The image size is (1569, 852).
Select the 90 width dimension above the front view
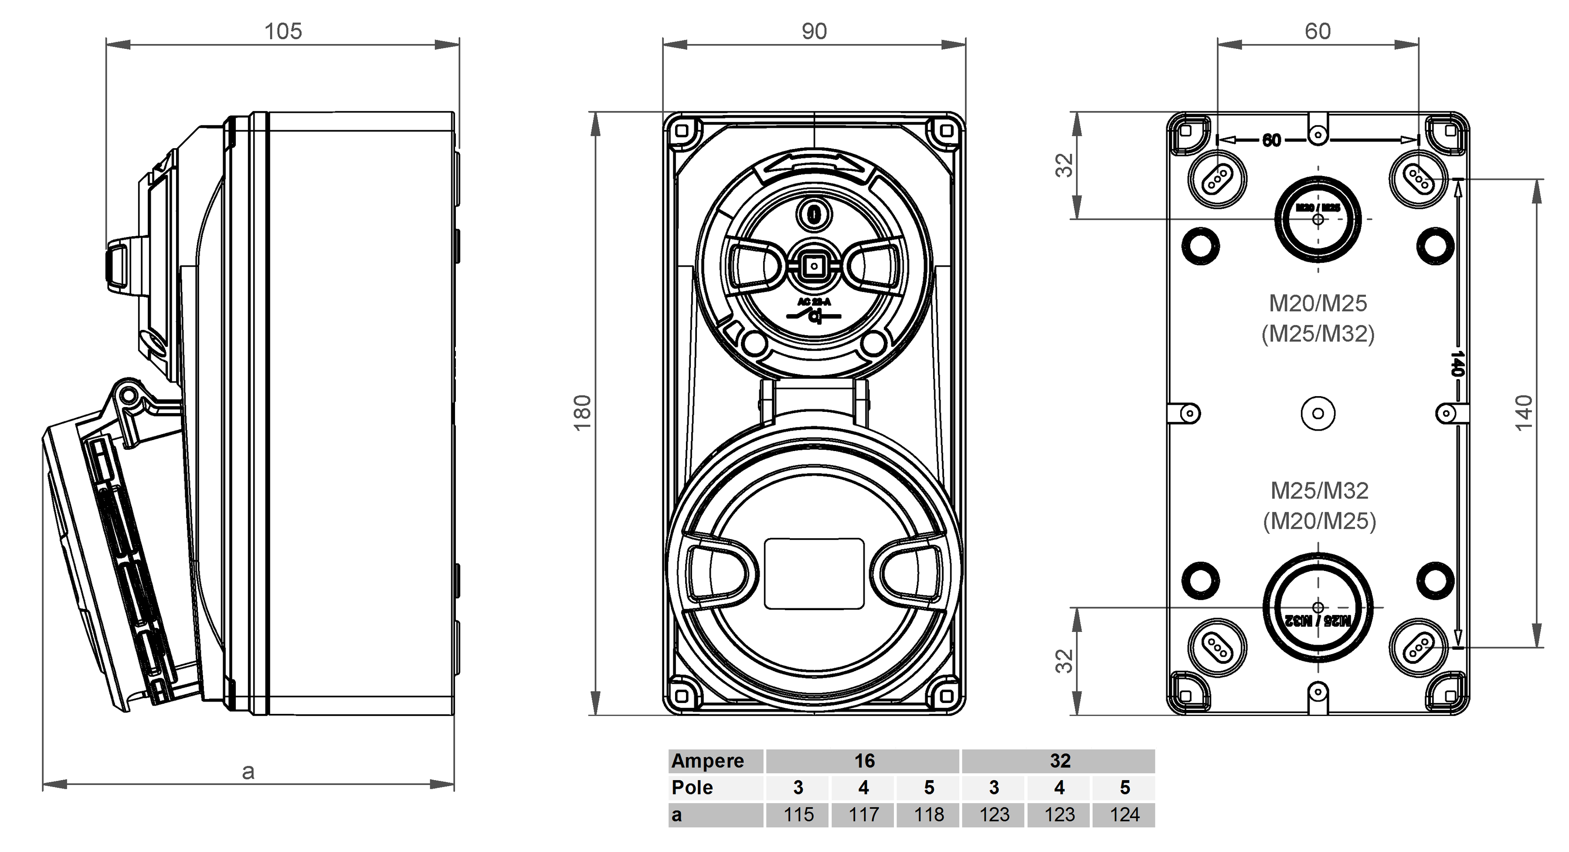[814, 31]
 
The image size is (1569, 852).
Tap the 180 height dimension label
[583, 413]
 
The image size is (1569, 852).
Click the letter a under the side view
[248, 772]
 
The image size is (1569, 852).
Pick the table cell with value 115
[798, 815]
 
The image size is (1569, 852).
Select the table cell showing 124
[1124, 815]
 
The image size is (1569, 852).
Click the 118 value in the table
[928, 815]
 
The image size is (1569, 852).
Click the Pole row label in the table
[693, 788]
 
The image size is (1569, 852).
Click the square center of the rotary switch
[814, 266]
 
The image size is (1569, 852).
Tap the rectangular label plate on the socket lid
[814, 573]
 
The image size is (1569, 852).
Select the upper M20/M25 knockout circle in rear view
[1318, 219]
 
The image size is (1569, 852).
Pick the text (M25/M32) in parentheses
[1318, 334]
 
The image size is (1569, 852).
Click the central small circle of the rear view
[1318, 414]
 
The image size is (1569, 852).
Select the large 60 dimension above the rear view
[1318, 31]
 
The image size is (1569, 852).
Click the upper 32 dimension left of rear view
[1064, 166]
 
